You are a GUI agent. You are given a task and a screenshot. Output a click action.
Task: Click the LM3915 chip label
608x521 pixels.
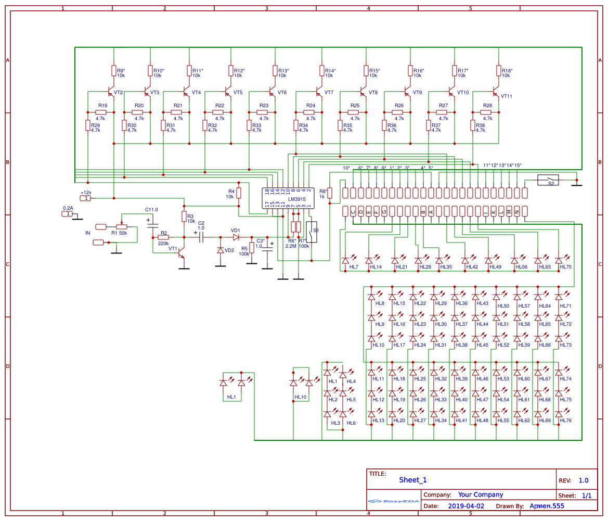click(297, 199)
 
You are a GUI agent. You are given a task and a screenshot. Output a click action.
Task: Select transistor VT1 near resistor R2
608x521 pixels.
click(181, 253)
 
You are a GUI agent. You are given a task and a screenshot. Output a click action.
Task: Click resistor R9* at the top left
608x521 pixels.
click(114, 71)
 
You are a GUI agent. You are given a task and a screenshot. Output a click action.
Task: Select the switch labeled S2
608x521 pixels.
click(548, 180)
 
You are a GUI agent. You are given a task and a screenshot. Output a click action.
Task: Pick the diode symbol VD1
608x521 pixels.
click(236, 237)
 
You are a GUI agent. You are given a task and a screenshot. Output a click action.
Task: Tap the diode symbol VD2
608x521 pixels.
click(221, 250)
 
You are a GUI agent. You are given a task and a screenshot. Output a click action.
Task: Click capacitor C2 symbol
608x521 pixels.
click(201, 237)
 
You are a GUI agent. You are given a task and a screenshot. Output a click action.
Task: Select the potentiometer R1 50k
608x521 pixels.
click(121, 226)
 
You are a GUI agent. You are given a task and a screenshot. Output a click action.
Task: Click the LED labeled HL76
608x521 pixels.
click(559, 414)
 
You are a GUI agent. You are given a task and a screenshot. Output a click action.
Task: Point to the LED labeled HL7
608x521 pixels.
click(345, 260)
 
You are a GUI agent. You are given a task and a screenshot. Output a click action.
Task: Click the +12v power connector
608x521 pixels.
click(85, 198)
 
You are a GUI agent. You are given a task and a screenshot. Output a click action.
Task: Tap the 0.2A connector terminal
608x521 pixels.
click(67, 213)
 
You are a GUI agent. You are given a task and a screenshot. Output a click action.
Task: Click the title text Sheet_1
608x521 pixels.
click(412, 480)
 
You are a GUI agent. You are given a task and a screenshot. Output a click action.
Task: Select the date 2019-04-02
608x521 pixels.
click(465, 506)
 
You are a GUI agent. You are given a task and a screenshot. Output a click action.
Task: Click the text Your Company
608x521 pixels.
click(480, 494)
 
